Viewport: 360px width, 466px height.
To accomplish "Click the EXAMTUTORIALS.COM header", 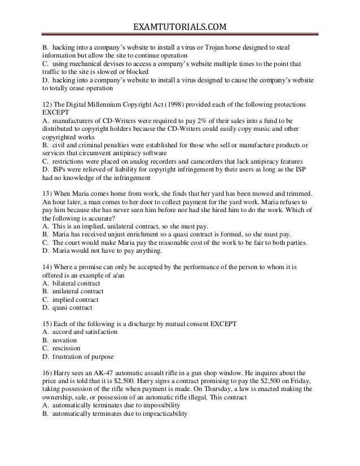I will (x=180, y=26).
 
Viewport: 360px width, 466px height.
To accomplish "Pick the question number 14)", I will (x=48, y=268).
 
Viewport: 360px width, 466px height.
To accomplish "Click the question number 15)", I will (x=48, y=324).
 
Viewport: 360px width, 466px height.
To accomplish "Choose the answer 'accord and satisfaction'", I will (x=84, y=332).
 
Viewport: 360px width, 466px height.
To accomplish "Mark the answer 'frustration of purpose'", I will (x=82, y=357).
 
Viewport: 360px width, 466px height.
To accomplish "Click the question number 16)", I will (x=48, y=373).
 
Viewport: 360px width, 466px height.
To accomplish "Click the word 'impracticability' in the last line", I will (x=163, y=414).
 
